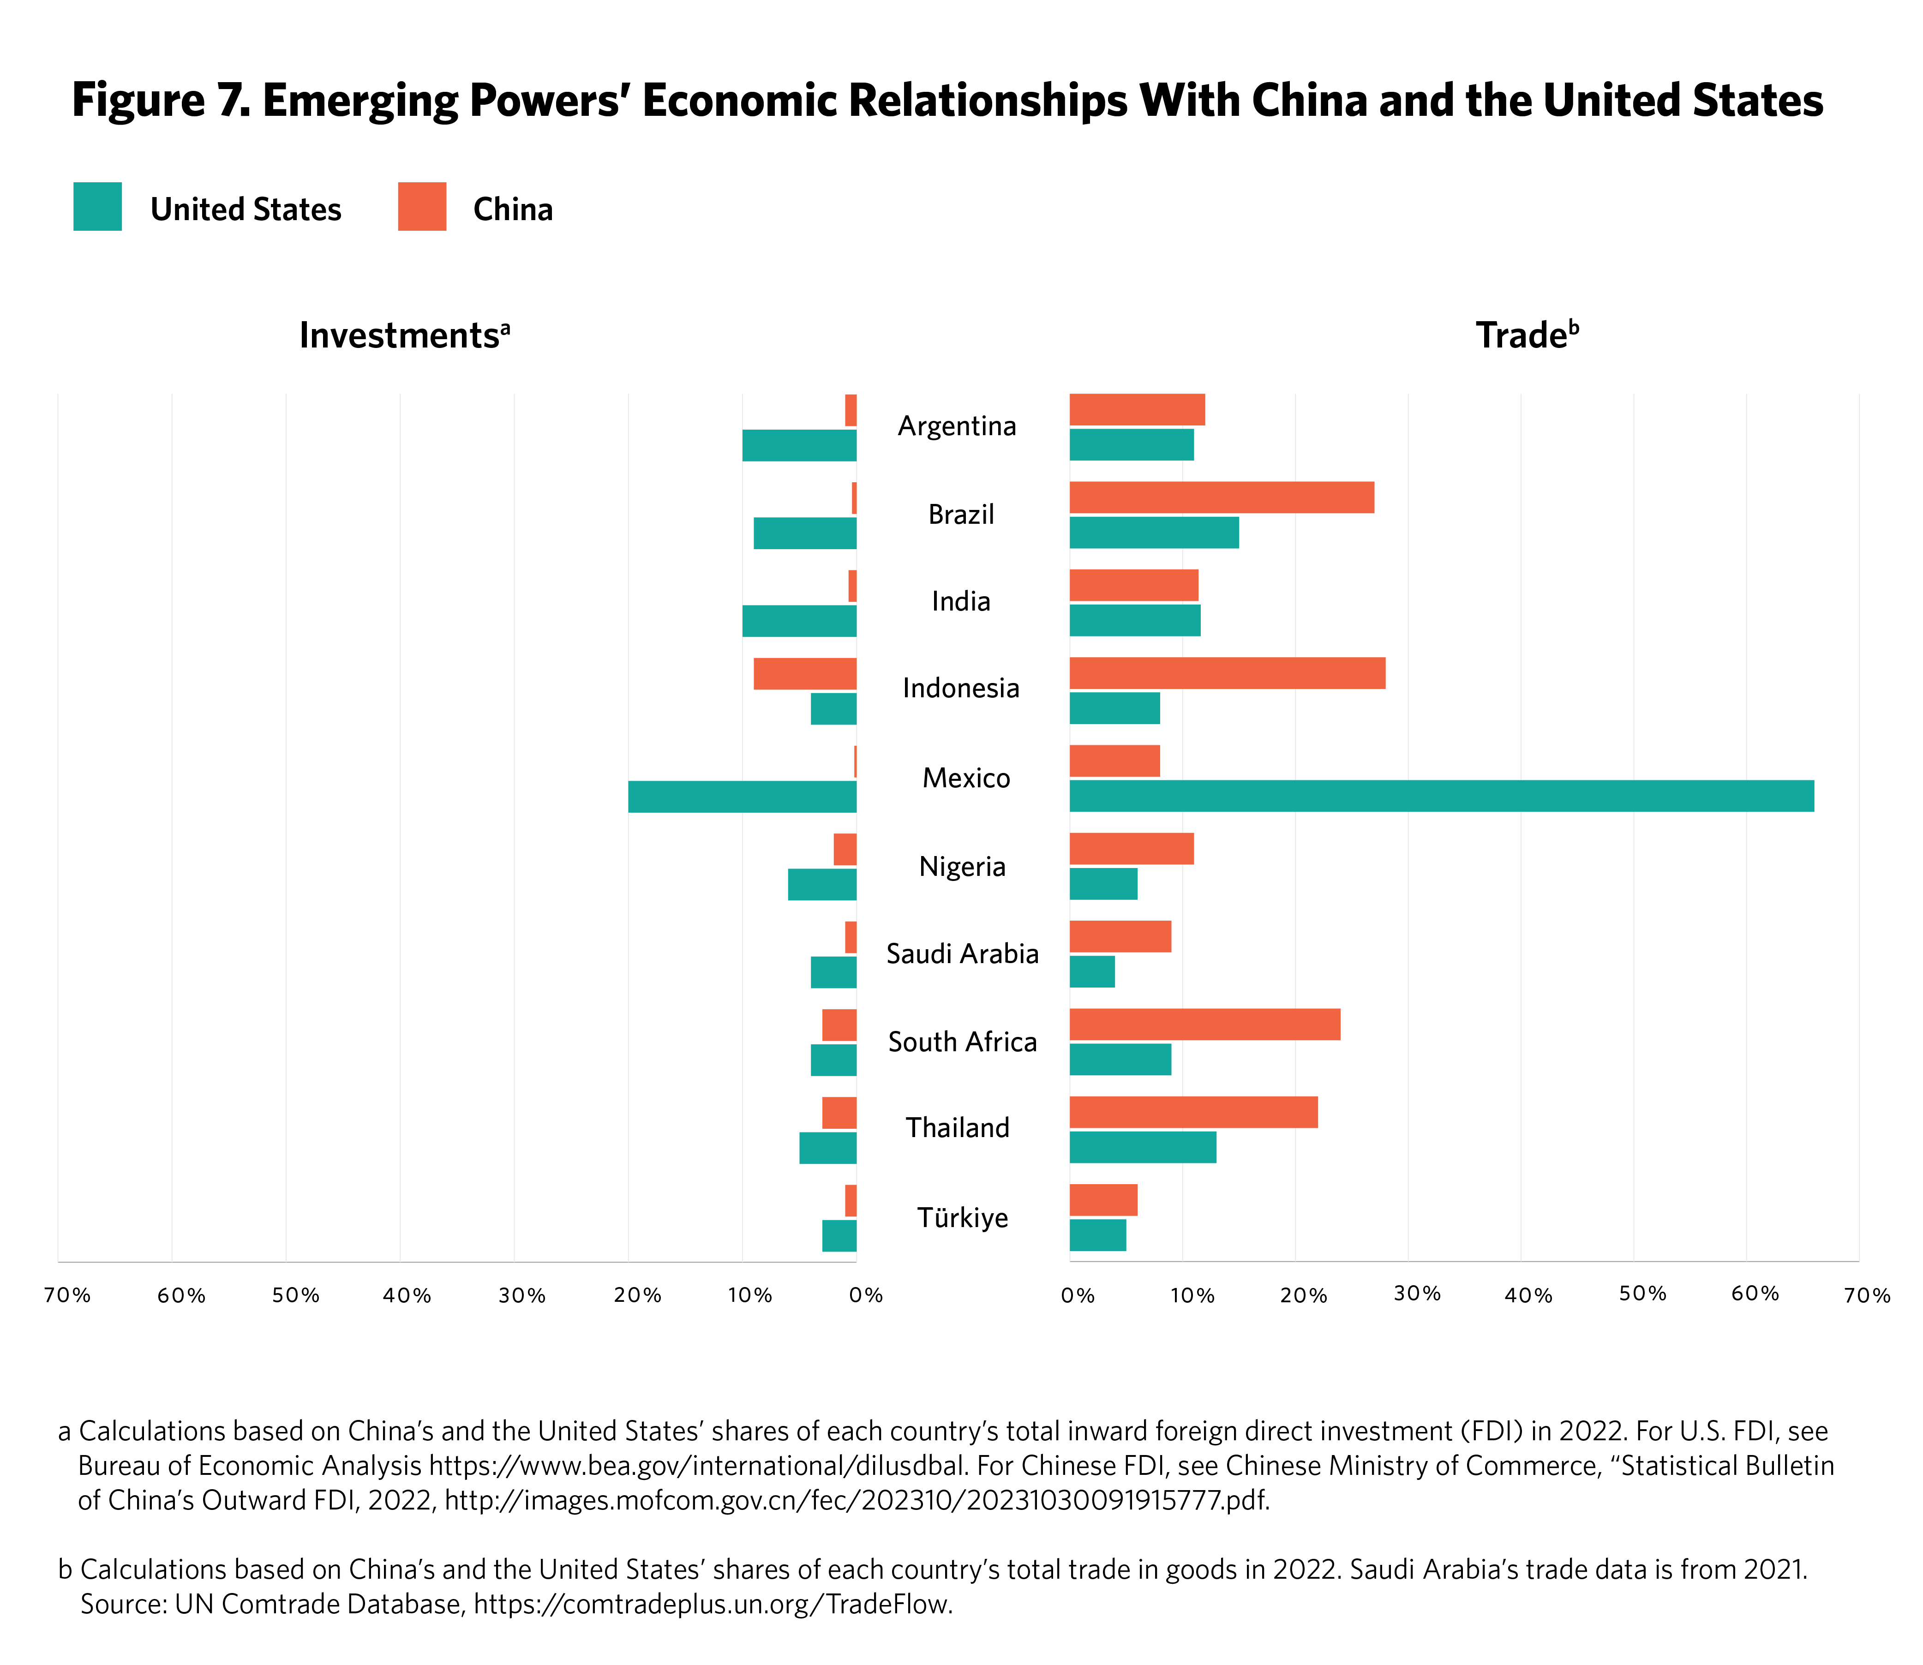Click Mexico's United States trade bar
[x=1441, y=796]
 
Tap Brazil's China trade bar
[x=1222, y=497]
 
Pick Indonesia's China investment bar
[x=804, y=673]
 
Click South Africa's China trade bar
[x=1205, y=1024]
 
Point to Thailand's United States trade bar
[x=1143, y=1148]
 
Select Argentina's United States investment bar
[x=799, y=445]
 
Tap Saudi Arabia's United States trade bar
[x=1091, y=972]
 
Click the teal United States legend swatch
[x=97, y=206]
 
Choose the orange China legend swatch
[x=422, y=206]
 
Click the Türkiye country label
[x=963, y=1217]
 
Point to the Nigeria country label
[x=963, y=867]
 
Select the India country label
[x=960, y=601]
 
